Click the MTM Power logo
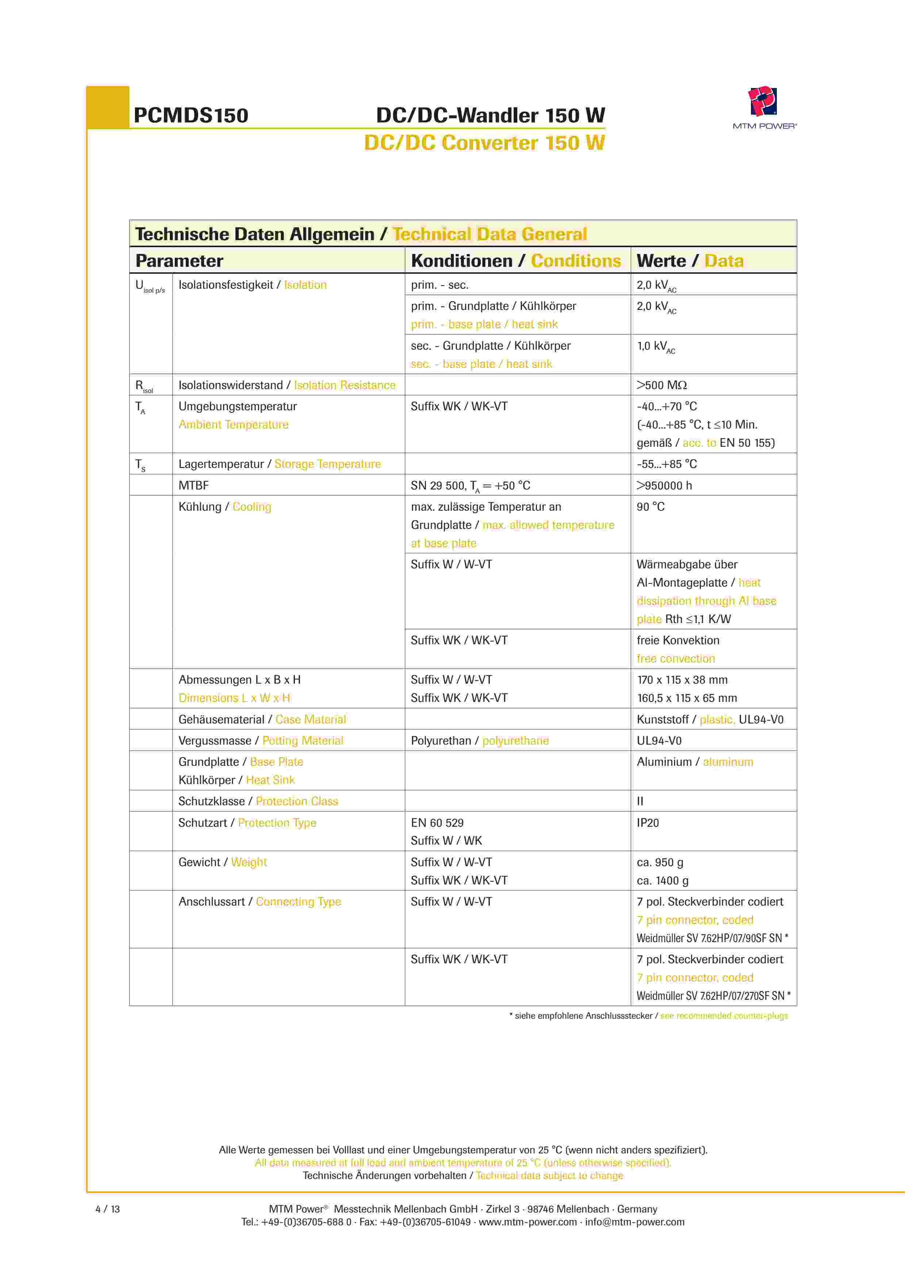coord(763,106)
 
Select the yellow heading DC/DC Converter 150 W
coord(484,143)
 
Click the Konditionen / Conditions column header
coord(515,261)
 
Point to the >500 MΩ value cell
coord(662,385)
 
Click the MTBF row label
coord(193,485)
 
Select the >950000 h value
coord(664,485)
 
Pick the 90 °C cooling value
coord(650,506)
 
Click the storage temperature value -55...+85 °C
coord(667,464)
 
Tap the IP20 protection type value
coord(648,823)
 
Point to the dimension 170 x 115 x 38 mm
coord(682,680)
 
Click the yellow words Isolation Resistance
coord(344,385)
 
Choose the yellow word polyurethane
coord(515,740)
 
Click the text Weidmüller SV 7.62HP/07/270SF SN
coord(710,995)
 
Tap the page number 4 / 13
coord(108,1209)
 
